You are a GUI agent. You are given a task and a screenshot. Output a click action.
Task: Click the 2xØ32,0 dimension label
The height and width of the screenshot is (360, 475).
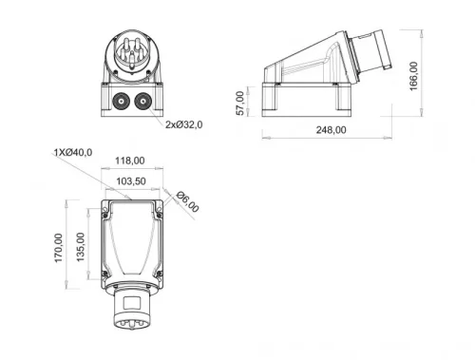pos(185,123)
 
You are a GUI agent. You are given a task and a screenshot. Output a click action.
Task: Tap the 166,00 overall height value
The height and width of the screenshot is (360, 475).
pos(413,76)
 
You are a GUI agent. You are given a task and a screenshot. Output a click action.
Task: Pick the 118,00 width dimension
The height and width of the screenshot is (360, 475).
pos(130,161)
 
